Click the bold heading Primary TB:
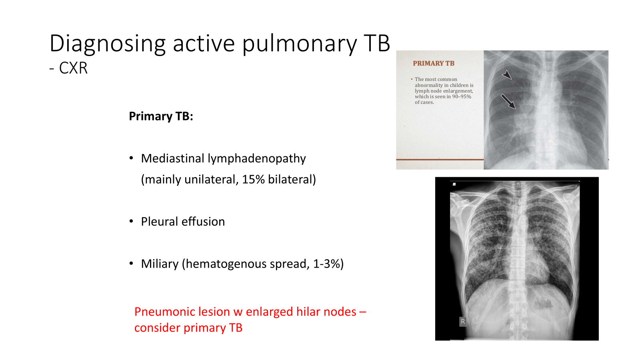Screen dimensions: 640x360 [161, 116]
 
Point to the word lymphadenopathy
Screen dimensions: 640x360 [256, 158]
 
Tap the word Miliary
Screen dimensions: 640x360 [160, 264]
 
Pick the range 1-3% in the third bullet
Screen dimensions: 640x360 [326, 264]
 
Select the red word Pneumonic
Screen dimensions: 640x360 [164, 312]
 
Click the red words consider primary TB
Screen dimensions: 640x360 [188, 328]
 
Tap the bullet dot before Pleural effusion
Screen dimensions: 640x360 [131, 222]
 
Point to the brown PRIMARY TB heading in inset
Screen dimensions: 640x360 [434, 64]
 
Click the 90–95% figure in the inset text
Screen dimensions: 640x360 [462, 96]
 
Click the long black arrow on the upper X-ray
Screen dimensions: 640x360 [508, 102]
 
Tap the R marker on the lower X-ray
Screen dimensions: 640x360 [463, 322]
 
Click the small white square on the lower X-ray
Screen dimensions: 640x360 [454, 184]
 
